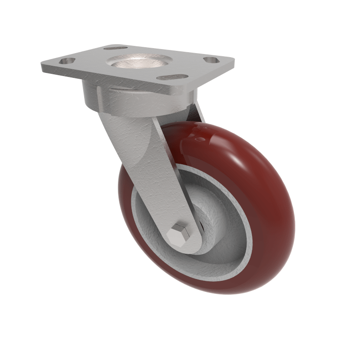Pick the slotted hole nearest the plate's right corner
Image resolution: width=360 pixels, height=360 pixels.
[x=210, y=59]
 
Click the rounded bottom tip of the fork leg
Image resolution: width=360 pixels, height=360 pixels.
[x=189, y=250]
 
